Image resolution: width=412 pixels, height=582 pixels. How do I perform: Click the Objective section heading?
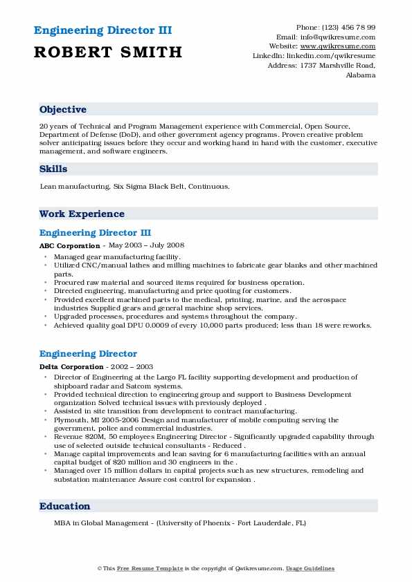pyautogui.click(x=63, y=110)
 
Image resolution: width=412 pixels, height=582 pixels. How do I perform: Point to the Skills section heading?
pyautogui.click(x=53, y=169)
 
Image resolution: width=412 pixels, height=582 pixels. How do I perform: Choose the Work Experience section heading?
pyautogui.click(x=82, y=214)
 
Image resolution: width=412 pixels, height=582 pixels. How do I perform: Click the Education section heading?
pyautogui.click(x=64, y=506)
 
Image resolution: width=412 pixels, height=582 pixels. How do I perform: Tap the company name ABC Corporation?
pyautogui.click(x=69, y=245)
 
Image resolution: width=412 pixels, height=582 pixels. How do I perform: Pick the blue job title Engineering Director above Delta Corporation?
pyautogui.click(x=88, y=354)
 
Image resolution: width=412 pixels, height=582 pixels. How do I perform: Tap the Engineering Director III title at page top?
pyautogui.click(x=102, y=30)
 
